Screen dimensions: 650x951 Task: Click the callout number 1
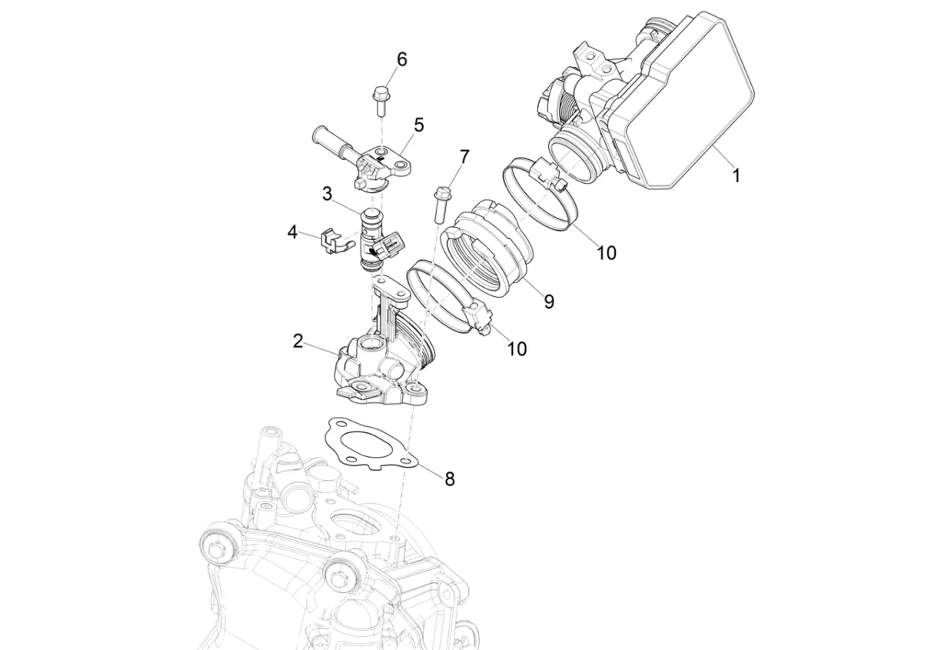point(736,175)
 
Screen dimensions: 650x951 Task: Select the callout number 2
point(298,341)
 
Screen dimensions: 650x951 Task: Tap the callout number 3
point(327,194)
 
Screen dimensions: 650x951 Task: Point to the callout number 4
point(292,232)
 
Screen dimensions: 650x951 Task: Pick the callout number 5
point(418,125)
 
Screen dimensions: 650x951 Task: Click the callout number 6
point(401,59)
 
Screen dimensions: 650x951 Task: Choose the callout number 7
point(464,157)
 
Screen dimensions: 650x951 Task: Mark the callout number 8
point(449,478)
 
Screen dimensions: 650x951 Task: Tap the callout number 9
point(548,302)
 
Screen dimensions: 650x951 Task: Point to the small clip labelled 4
point(328,239)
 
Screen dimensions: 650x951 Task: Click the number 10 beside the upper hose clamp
point(607,252)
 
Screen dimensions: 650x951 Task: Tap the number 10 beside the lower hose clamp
point(517,348)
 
